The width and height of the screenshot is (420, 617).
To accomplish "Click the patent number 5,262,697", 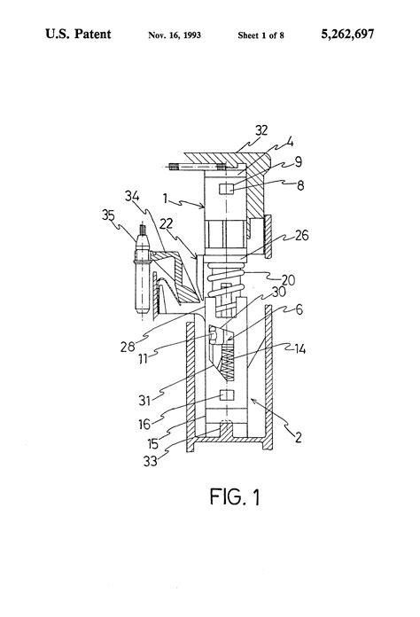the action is click(x=347, y=35).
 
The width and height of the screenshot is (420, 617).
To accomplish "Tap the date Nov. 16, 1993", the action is click(x=175, y=35).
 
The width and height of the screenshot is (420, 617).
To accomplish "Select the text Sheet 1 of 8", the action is click(x=261, y=35).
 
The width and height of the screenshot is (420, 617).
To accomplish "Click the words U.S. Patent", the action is click(x=78, y=34).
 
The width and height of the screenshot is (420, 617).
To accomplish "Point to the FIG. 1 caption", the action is click(x=235, y=496).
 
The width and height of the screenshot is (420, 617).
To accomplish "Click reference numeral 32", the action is click(x=261, y=130).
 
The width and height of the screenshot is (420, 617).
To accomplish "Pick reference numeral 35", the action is click(x=108, y=215).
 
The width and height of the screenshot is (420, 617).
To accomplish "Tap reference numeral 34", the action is click(x=132, y=196).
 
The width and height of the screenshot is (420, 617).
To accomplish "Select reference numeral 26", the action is click(x=301, y=235).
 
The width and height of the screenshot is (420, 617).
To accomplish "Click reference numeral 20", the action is click(x=288, y=280).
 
